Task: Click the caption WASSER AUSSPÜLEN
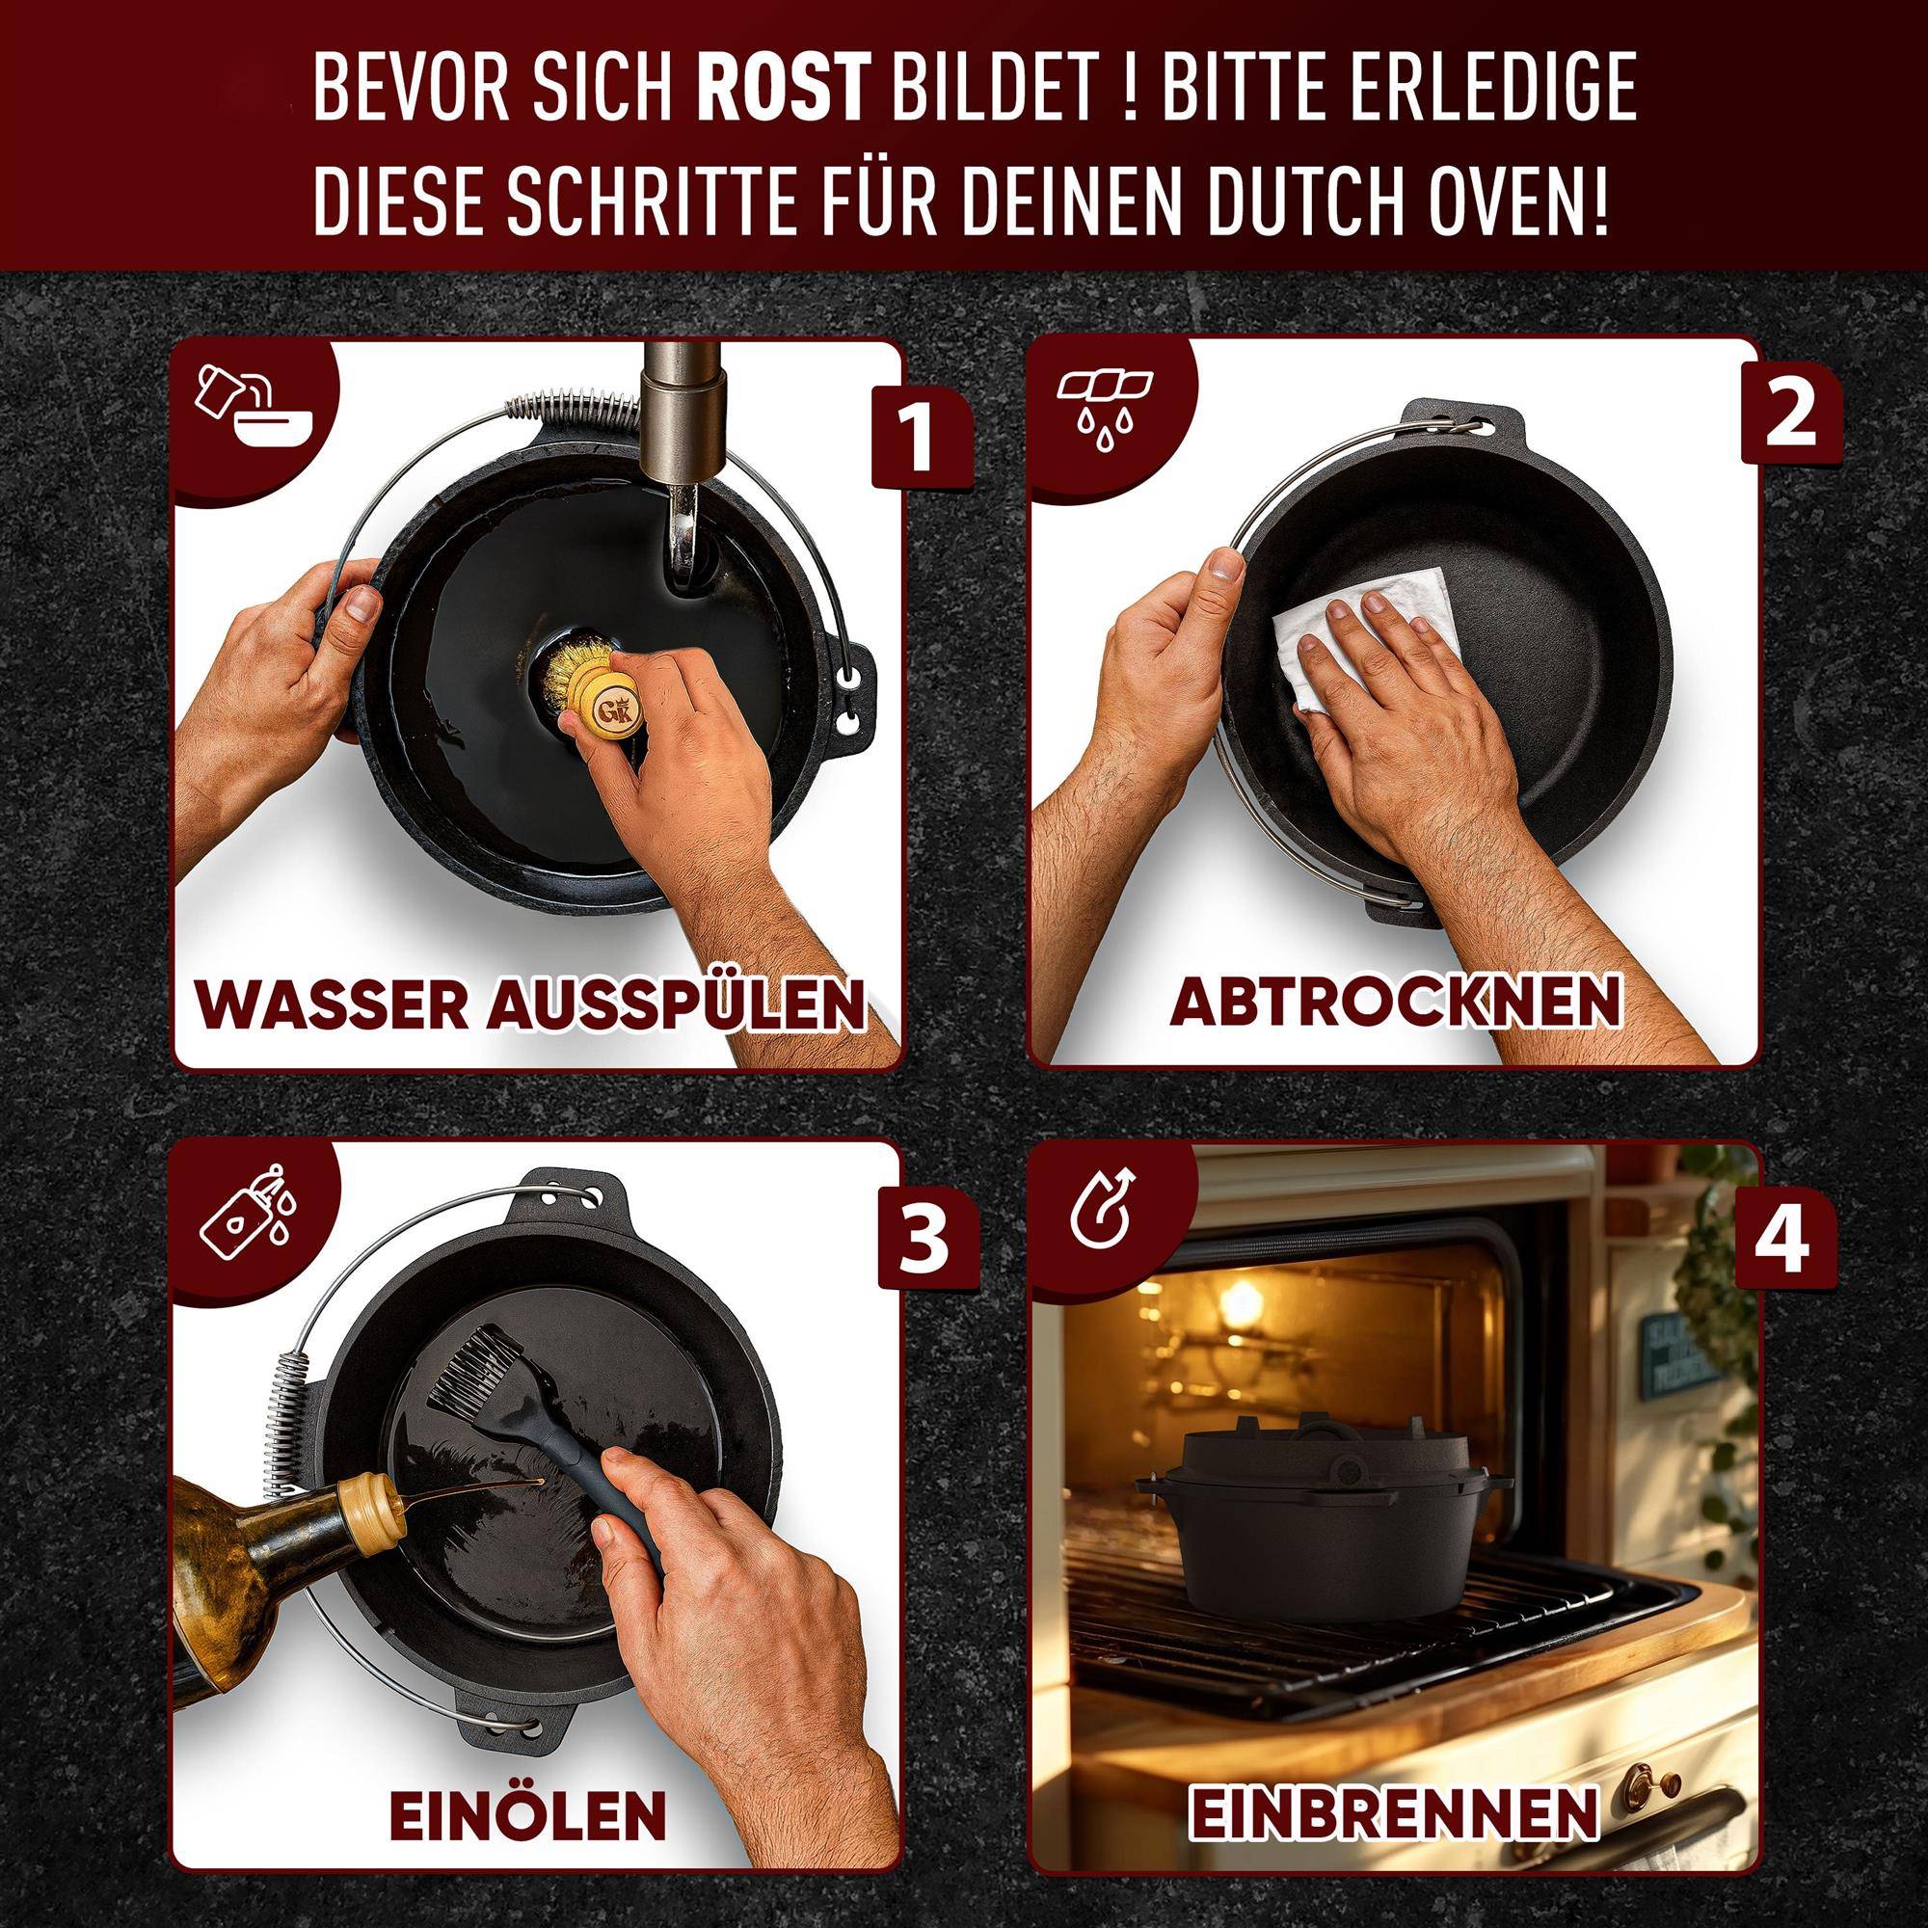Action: (x=530, y=1004)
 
